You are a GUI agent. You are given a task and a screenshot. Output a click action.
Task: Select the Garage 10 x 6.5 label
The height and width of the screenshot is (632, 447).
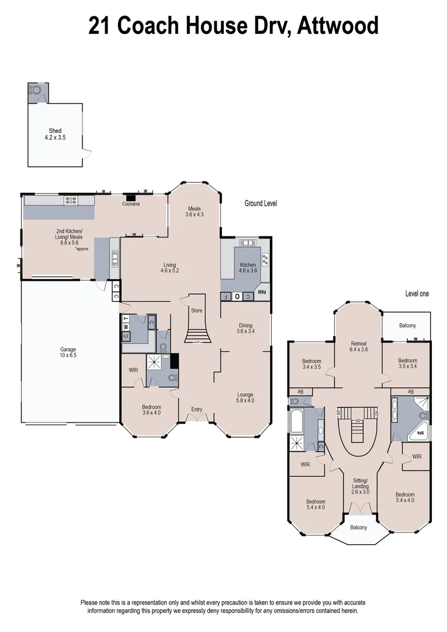[x=68, y=352]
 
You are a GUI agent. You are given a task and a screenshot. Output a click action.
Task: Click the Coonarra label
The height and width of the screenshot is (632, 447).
[x=130, y=204]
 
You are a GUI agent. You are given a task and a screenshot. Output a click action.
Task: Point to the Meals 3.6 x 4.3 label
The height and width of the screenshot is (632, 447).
[x=194, y=212]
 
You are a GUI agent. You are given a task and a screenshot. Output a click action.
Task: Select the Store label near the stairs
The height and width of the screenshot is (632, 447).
[x=196, y=303]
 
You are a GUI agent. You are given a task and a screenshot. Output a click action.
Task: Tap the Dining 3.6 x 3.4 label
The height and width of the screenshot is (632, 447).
[x=245, y=329]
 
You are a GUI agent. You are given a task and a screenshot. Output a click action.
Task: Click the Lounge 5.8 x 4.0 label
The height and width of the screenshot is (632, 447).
[x=245, y=398]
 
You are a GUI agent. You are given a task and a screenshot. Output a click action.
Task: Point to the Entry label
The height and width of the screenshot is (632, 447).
[x=196, y=410]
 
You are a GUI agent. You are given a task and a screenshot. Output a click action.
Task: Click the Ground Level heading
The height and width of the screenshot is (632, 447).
[x=261, y=204]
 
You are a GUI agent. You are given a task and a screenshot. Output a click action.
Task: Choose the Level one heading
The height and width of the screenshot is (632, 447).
[x=417, y=294]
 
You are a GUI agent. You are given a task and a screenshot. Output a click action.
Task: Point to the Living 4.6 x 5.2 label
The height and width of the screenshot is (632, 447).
[x=169, y=268]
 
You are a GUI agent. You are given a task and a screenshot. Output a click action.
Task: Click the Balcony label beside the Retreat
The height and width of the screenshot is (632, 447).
[x=407, y=326]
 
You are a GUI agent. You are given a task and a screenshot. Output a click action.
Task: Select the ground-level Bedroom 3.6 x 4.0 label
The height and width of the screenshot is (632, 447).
[x=151, y=410]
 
